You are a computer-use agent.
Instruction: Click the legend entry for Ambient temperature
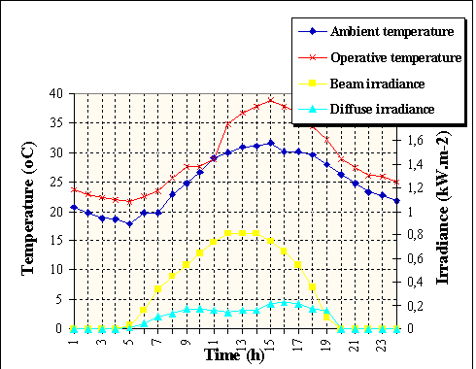[385, 32]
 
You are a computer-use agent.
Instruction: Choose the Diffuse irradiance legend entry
[383, 110]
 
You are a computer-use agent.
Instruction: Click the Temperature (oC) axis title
[30, 212]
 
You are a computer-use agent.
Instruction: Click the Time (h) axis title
[233, 356]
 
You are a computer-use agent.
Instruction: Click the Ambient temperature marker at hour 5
[129, 223]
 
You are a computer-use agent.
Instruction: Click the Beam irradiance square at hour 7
[157, 288]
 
